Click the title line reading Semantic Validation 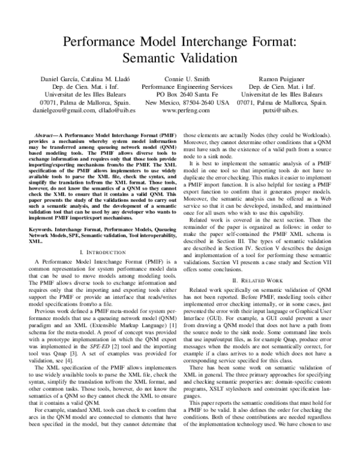tap(180, 58)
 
